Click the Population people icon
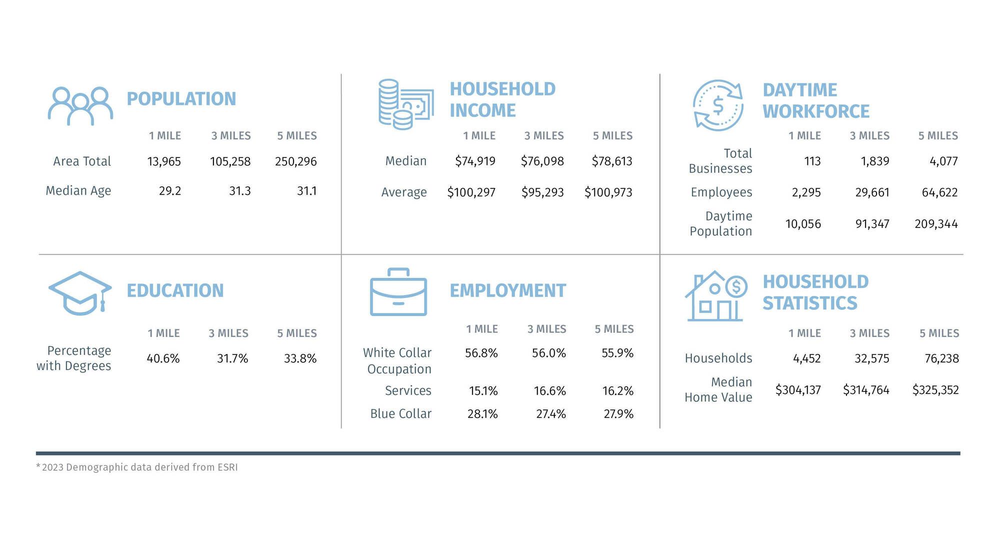(80, 106)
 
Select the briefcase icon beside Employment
(398, 292)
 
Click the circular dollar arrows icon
(718, 105)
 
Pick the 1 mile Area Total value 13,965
(164, 161)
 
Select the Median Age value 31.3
(240, 191)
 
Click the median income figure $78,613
(612, 161)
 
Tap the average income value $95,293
(542, 192)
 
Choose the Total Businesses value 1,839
(875, 161)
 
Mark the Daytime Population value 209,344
(936, 224)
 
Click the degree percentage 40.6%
(163, 358)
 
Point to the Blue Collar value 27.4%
(551, 414)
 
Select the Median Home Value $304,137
(798, 390)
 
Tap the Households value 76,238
(942, 358)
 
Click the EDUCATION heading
(175, 290)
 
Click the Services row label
(408, 390)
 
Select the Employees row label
(721, 192)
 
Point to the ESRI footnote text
(137, 467)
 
